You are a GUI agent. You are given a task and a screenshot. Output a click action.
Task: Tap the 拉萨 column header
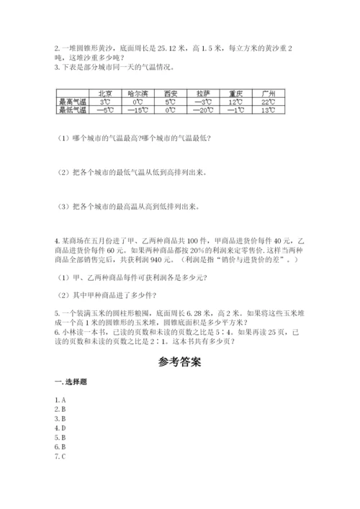202,94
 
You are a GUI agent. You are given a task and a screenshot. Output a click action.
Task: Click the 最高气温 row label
71,102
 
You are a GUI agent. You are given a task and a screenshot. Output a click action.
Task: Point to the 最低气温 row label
71,110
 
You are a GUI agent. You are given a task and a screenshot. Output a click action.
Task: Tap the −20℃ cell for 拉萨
202,110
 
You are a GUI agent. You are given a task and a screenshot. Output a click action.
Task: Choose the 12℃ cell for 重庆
235,102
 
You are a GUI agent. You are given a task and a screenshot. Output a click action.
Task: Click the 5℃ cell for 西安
170,102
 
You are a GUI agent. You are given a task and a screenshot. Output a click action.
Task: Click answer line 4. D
60,427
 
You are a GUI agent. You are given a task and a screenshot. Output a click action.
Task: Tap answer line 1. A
60,399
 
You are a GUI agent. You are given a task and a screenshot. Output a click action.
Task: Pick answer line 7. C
60,456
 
